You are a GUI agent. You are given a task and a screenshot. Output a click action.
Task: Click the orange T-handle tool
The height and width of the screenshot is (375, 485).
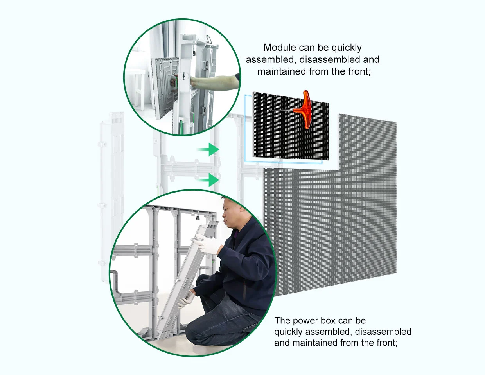click(x=304, y=109)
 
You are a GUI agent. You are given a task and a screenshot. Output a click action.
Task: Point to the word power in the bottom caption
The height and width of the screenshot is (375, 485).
click(x=305, y=321)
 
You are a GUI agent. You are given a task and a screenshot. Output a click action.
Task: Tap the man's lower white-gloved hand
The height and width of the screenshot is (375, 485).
click(x=186, y=299)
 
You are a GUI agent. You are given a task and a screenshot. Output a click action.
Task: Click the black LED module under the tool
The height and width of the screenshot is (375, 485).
click(x=291, y=126)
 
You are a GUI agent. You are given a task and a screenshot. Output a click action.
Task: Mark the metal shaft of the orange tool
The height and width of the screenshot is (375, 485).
click(x=282, y=110)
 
